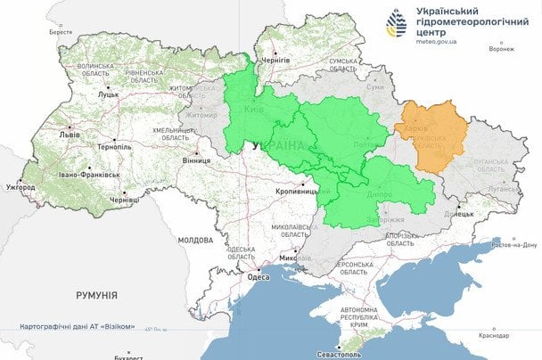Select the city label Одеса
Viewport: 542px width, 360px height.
[258, 278]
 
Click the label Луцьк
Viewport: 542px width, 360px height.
[109, 94]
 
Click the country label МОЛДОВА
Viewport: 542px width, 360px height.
[195, 241]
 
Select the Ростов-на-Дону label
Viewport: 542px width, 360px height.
[513, 244]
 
